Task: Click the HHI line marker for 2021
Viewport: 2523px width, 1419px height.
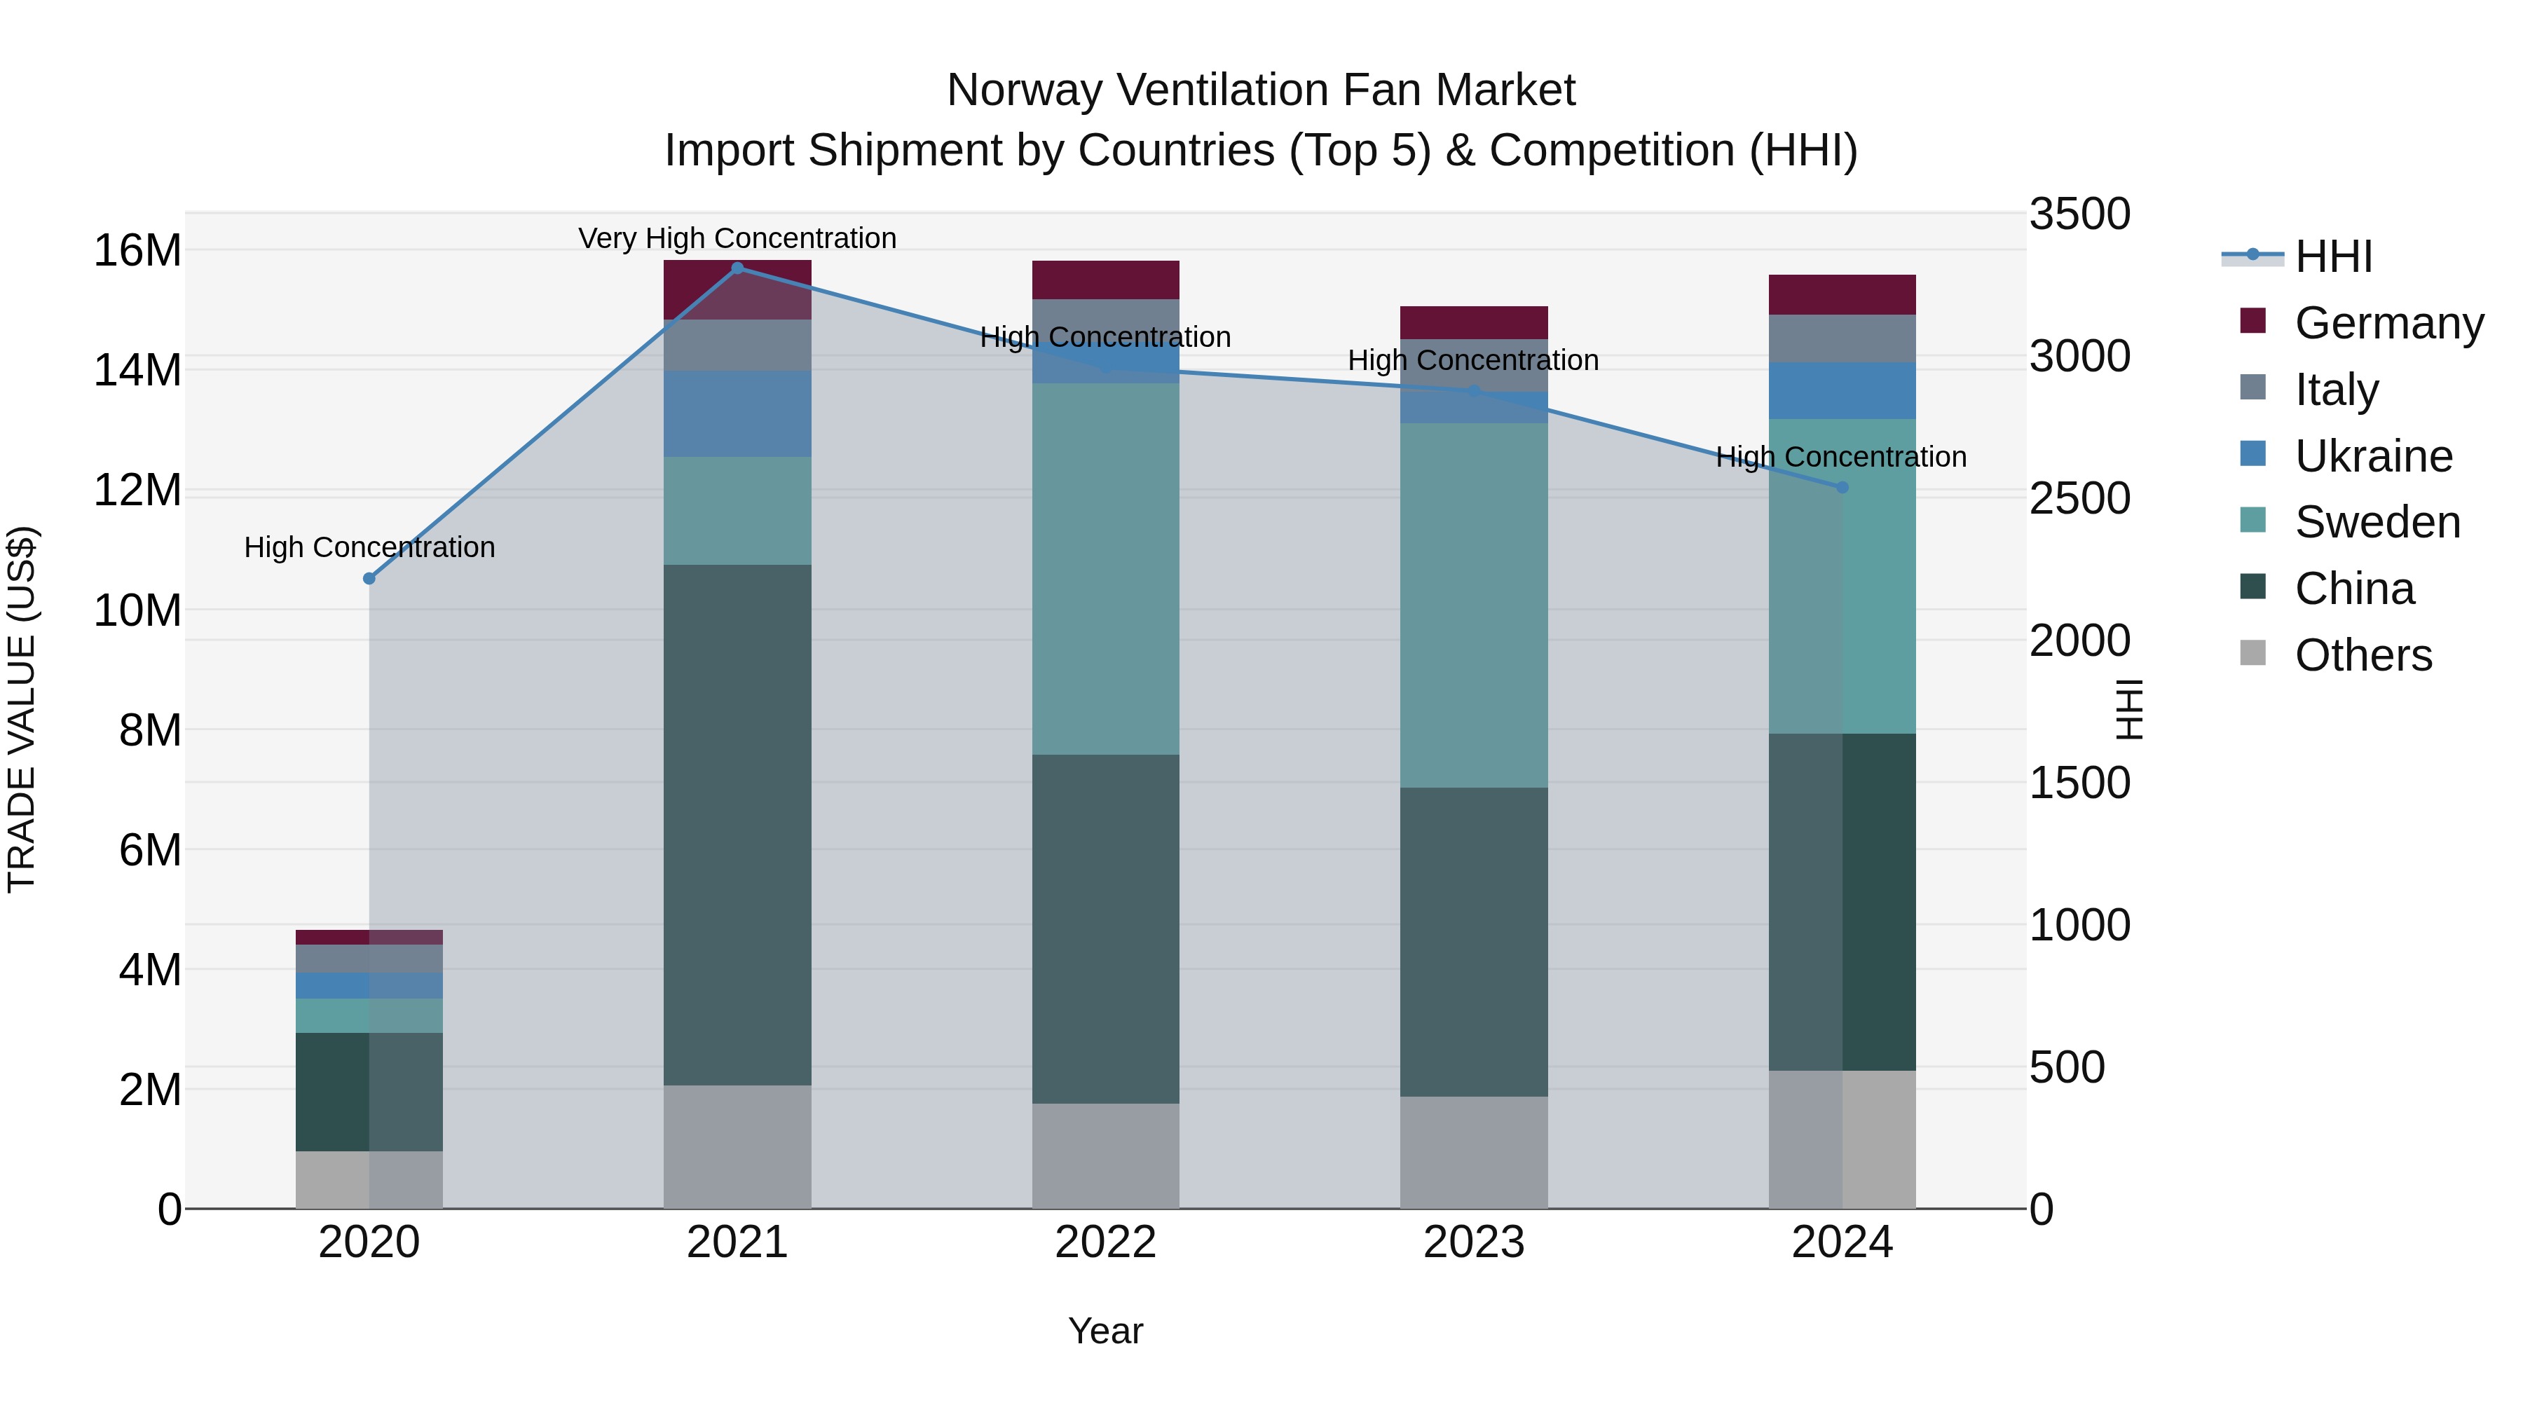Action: click(737, 268)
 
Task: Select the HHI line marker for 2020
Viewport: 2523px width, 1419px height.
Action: click(369, 579)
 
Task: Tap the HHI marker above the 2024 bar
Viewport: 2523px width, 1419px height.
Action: click(1842, 488)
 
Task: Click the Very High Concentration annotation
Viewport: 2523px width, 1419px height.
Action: click(737, 238)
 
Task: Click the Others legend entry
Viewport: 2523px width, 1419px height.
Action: click(2363, 655)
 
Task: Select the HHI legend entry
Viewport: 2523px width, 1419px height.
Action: click(2332, 256)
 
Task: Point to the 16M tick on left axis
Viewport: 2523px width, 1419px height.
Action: click(137, 251)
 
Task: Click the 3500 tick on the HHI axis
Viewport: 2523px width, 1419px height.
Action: click(2079, 214)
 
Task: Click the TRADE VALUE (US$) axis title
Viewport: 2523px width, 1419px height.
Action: click(22, 709)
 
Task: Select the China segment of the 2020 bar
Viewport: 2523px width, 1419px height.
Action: click(369, 1091)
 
